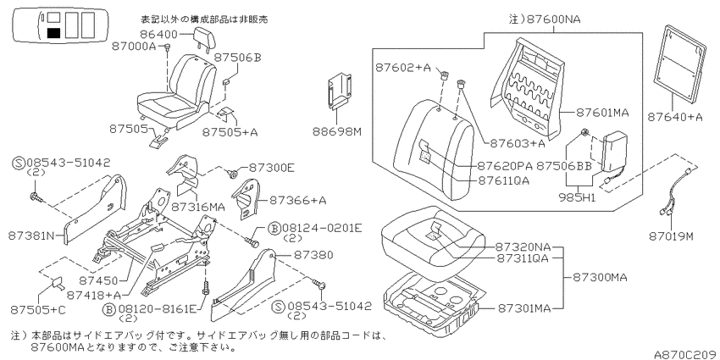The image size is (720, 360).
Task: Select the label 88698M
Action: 337,132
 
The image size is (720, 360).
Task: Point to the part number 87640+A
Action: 675,117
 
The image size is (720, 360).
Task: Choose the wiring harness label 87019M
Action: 671,236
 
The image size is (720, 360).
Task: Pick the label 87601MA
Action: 602,113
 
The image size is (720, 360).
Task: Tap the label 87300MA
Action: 600,277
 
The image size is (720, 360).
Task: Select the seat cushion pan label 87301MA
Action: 523,308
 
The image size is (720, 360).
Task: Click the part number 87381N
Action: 30,235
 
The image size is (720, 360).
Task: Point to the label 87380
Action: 313,254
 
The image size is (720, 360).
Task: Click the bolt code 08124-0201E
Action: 322,228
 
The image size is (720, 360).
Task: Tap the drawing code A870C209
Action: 684,354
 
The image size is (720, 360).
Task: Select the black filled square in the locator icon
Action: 53,33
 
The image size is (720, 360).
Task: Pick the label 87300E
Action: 271,168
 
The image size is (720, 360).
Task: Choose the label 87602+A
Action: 403,68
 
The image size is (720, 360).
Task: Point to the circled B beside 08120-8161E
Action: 108,309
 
